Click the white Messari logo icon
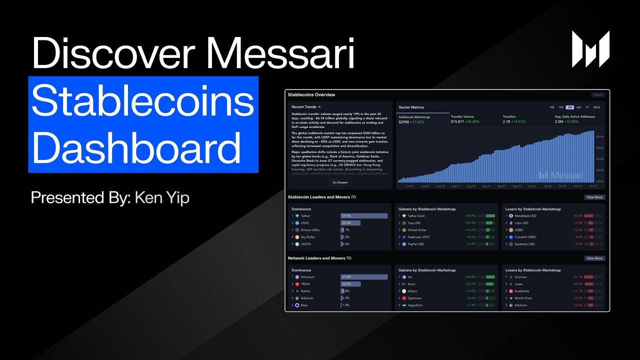[x=590, y=49]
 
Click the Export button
[x=597, y=94]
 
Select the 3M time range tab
[x=569, y=107]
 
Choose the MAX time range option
[x=596, y=107]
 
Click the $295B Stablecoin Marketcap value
[x=404, y=122]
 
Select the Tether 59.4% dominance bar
[x=364, y=215]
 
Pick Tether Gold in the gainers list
[x=416, y=215]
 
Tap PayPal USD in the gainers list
[x=415, y=244]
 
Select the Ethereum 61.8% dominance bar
[x=364, y=276]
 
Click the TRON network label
[x=305, y=283]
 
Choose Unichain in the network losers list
[x=520, y=276]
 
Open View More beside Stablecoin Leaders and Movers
[x=594, y=197]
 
